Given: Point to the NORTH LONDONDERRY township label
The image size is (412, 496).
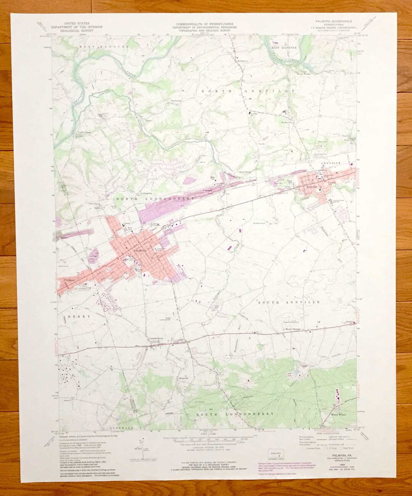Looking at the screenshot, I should tap(152, 199).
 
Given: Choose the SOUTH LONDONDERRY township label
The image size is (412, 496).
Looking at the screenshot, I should tap(235, 414).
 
